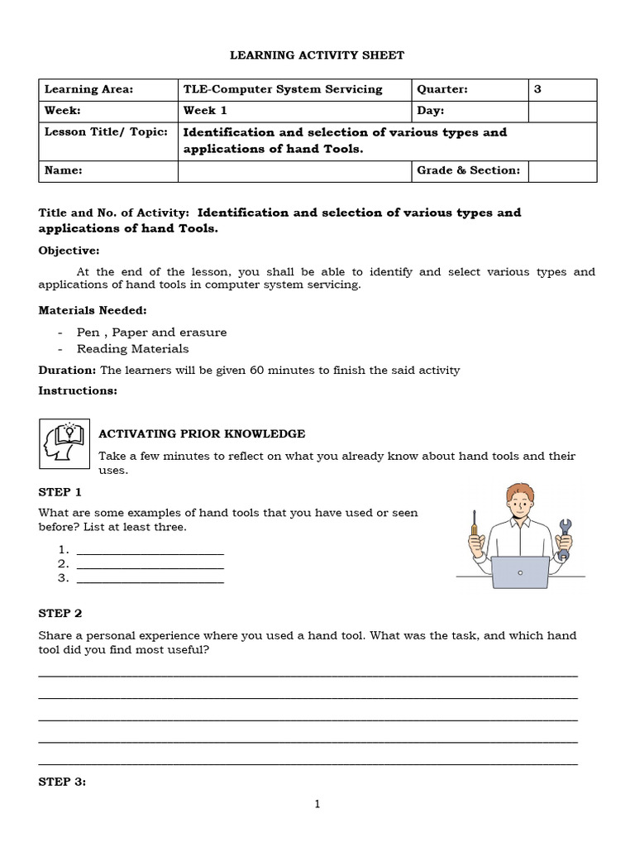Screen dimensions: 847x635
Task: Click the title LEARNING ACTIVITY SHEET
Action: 317,55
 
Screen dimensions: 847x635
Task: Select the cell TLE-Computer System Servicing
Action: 283,89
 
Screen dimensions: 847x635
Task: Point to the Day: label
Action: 431,111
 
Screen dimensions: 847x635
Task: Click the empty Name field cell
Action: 294,171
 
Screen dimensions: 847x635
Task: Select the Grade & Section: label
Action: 468,171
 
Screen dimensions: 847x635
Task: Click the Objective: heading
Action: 69,251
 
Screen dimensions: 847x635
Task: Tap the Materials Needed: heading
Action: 93,310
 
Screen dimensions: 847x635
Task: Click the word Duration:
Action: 68,371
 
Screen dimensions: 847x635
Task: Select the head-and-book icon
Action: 64,444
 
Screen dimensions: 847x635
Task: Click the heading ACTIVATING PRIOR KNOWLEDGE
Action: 202,434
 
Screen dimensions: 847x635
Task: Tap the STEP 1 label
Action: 60,492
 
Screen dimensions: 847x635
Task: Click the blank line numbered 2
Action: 150,564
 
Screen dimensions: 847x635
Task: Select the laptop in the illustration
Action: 520,572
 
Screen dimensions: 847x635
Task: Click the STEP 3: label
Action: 62,782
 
